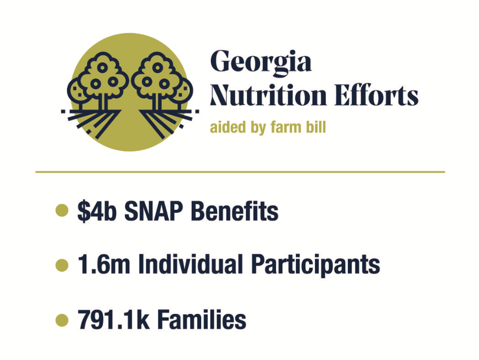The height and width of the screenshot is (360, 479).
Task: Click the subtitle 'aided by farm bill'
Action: (x=268, y=127)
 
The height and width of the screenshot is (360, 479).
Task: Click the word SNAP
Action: (x=153, y=211)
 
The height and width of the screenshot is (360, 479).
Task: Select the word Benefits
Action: (x=235, y=211)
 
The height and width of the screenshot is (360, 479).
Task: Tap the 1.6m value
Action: (x=104, y=264)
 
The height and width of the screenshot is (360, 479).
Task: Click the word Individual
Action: (x=191, y=264)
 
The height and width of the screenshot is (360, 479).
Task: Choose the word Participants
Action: (x=315, y=265)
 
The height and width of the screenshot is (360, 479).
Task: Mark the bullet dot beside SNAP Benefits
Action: (x=62, y=210)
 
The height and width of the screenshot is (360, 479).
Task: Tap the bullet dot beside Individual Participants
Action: (x=62, y=265)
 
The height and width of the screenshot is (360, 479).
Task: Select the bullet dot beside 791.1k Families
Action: (x=62, y=320)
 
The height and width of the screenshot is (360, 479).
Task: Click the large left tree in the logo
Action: (x=102, y=80)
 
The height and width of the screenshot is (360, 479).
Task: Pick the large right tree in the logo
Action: (x=157, y=80)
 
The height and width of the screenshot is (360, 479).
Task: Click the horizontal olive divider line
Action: (x=240, y=172)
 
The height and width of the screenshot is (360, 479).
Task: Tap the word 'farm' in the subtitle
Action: (x=284, y=127)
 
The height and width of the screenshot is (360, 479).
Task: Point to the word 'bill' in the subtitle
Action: (x=316, y=127)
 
